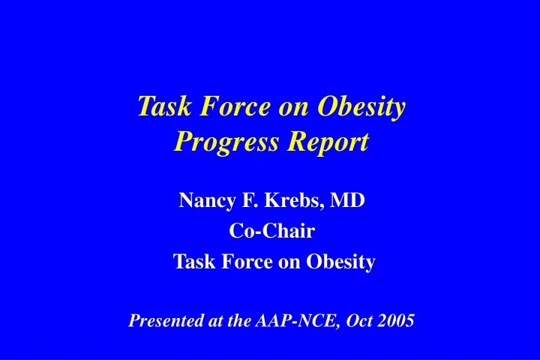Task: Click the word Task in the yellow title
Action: pyautogui.click(x=160, y=108)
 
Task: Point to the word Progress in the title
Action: pyautogui.click(x=220, y=141)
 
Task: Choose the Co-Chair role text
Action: pyautogui.click(x=271, y=232)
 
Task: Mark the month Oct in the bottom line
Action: pyautogui.click(x=349, y=322)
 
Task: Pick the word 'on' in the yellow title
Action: pyautogui.click(x=289, y=108)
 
